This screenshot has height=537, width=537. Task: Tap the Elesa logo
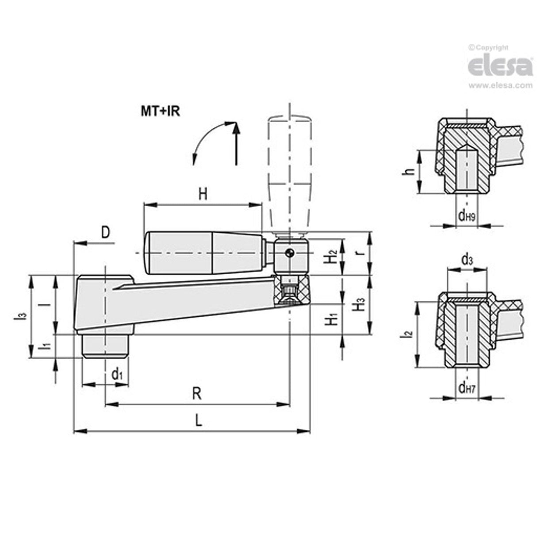coord(500,66)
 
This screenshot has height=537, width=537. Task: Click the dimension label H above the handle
coord(203,194)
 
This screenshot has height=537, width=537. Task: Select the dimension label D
coord(105,232)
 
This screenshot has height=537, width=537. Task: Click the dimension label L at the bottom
coord(199,420)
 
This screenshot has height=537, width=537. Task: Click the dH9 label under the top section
coord(467,215)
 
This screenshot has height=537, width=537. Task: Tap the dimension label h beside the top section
coord(410,171)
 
